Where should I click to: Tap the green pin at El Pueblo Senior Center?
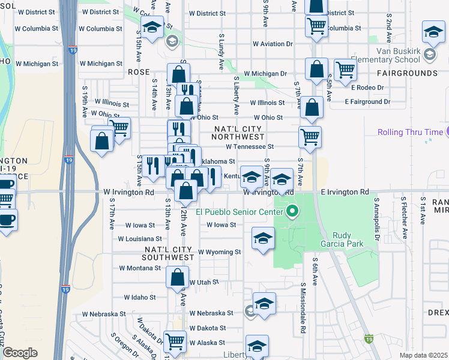(292, 211)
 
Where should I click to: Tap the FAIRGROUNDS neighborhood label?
(407, 73)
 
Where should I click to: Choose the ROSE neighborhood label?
(138, 71)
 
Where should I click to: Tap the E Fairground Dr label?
(367, 102)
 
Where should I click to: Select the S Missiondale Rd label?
(304, 308)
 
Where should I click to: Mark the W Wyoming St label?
(219, 252)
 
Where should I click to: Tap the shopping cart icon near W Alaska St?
(174, 341)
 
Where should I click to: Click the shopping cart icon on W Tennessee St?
(310, 137)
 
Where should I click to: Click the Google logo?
(20, 353)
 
